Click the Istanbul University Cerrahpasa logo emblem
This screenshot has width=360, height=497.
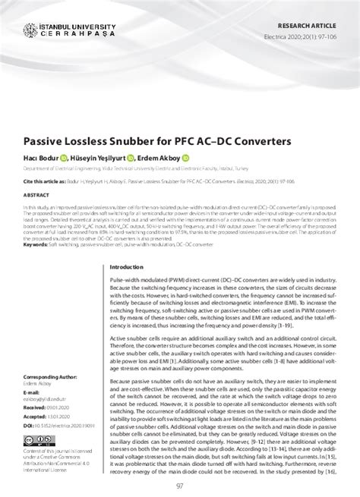(x=30, y=32)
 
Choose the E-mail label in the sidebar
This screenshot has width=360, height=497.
(x=31, y=392)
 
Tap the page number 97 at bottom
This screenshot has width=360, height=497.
(x=179, y=486)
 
